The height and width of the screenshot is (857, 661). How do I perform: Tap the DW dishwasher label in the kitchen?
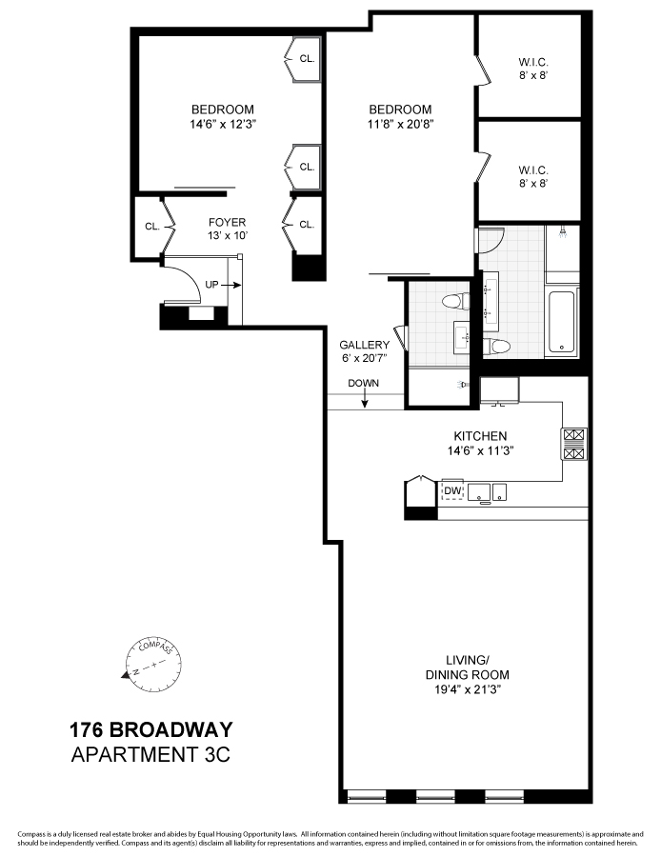[453, 491]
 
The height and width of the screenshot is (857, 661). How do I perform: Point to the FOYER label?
[227, 223]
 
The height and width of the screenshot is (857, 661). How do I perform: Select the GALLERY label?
[365, 345]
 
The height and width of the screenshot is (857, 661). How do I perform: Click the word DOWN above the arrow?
[363, 384]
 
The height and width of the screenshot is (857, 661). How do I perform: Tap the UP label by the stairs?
[211, 284]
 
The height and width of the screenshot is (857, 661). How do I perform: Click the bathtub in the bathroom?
[562, 322]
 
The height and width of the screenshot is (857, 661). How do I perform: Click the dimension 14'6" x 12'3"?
[222, 122]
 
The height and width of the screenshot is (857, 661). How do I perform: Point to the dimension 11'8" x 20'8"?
[400, 123]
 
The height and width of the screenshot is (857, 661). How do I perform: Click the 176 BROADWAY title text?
[150, 731]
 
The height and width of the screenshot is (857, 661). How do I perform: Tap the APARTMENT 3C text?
[150, 756]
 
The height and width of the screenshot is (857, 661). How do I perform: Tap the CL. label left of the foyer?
[151, 227]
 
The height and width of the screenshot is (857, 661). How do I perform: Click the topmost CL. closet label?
[307, 59]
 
